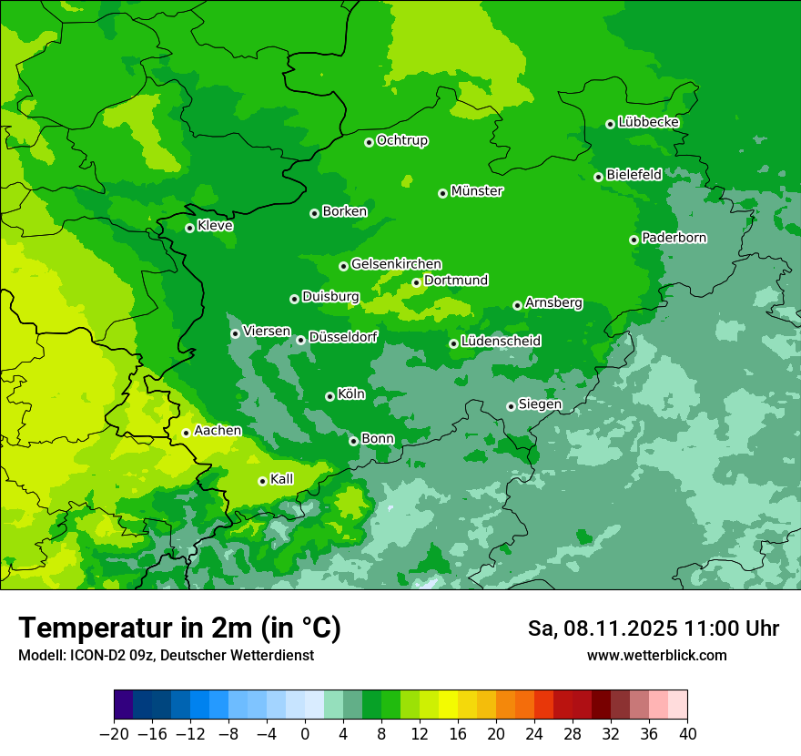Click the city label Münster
[477, 191]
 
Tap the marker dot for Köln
[330, 396]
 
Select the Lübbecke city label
[648, 122]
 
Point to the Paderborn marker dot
[634, 240]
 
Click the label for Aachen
[218, 431]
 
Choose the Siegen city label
[540, 404]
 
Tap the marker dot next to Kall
[262, 481]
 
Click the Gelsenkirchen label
[396, 264]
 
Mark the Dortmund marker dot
[416, 282]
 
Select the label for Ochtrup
[402, 140]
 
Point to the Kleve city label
[215, 226]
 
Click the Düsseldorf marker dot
[300, 340]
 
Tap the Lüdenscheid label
[501, 342]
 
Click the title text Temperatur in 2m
[179, 628]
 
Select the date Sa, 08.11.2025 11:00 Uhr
[653, 628]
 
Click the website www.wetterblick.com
[656, 656]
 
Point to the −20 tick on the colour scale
[114, 734]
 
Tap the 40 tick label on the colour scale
[687, 734]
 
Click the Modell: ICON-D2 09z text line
[166, 656]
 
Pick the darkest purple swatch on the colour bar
[123, 705]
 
